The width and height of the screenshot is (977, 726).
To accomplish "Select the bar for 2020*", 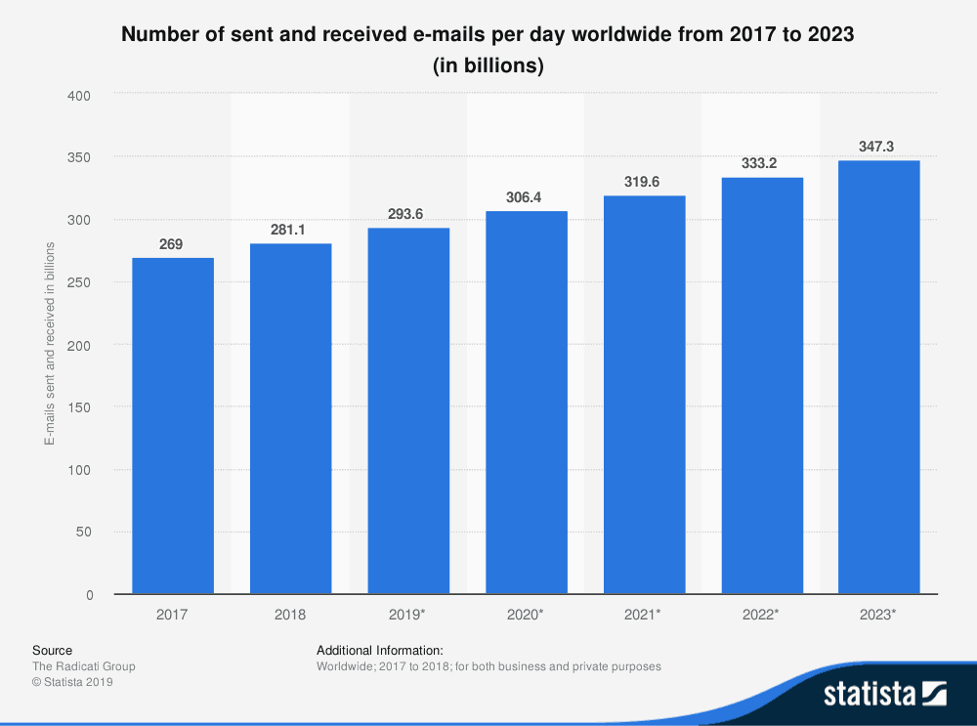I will coord(527,403).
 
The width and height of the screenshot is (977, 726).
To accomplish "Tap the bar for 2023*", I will coord(879,377).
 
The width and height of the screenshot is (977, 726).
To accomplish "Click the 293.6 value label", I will coord(408,213).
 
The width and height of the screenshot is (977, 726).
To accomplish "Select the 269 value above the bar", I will coord(171,243).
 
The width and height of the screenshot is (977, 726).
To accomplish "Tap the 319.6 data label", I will coord(644,181).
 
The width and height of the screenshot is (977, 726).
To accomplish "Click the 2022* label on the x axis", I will coord(762,615).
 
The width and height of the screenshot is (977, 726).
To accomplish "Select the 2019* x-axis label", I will coord(408,615).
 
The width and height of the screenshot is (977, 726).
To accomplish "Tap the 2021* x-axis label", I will coord(644,615).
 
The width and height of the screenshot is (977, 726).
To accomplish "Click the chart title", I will coord(488,51).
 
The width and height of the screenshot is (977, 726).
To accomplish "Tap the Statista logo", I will coord(884,694).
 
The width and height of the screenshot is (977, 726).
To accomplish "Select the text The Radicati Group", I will coord(84,666).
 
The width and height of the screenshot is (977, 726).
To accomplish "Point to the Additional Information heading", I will coord(380,650).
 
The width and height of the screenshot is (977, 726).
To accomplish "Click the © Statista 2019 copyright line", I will coord(73,683).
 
